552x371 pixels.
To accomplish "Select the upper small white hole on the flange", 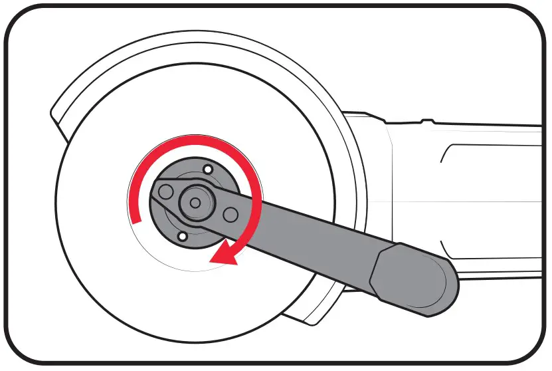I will tap(208, 170).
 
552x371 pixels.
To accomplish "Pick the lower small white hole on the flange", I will tap(181, 236).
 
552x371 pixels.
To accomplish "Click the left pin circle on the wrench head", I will tap(165, 193).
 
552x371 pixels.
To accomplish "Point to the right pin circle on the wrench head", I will tap(230, 214).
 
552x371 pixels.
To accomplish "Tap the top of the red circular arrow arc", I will tap(193, 139).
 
